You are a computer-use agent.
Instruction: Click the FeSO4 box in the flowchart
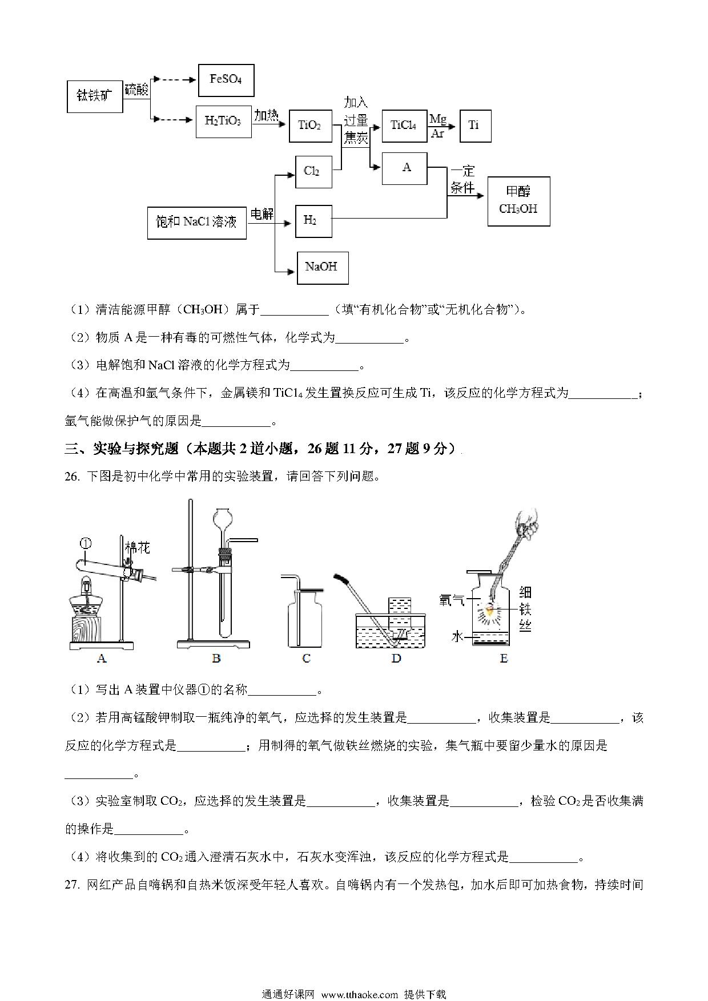point(226,80)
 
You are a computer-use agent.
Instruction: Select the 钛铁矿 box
point(95,96)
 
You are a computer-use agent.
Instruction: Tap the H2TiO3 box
point(223,122)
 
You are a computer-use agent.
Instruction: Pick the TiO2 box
point(310,126)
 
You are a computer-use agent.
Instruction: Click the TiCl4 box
point(404,126)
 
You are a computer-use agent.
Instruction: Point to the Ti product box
point(474,126)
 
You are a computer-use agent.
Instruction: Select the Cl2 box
point(313,172)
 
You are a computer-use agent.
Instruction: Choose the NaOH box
point(323,267)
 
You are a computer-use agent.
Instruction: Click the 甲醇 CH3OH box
point(518,201)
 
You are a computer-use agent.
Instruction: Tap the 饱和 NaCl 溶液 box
point(197,223)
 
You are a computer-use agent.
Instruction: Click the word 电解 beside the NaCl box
point(262,214)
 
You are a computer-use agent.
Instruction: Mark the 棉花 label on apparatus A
point(137,548)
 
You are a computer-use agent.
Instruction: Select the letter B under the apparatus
point(216,658)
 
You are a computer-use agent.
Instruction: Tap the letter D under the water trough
point(396,658)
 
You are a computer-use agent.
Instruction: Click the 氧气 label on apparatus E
point(451,600)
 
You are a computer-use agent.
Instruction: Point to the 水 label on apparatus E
point(457,636)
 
